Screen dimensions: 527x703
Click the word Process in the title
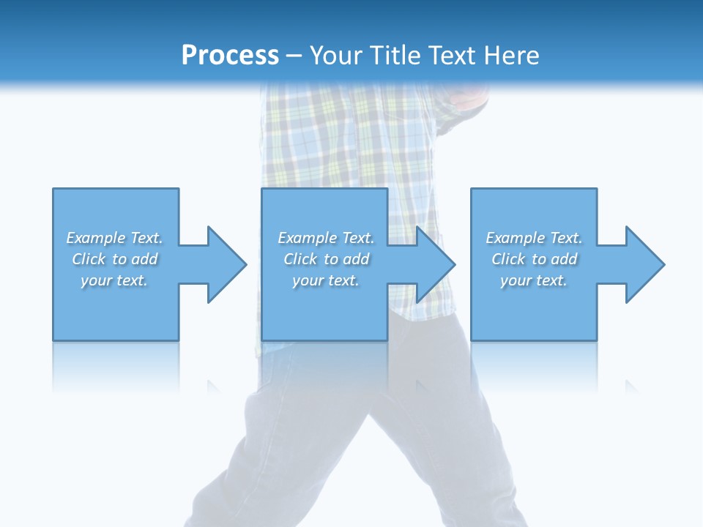click(x=230, y=56)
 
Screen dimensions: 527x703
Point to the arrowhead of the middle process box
click(x=434, y=264)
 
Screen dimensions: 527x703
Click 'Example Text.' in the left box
click(x=114, y=238)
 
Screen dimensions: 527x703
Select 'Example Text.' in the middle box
click(x=326, y=238)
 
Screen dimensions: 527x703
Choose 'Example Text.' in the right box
click(x=534, y=238)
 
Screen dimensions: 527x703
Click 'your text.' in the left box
click(x=114, y=280)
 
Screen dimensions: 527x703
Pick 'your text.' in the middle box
click(x=326, y=280)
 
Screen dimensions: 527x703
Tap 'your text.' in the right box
click(x=534, y=280)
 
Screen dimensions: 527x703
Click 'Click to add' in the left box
click(x=114, y=259)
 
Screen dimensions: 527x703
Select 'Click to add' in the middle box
click(x=326, y=259)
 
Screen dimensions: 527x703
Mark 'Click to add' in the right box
click(x=534, y=259)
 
